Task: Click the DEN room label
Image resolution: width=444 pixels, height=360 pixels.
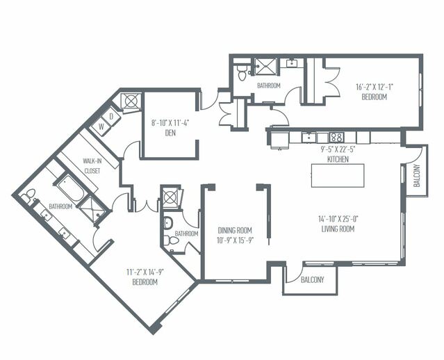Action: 170,134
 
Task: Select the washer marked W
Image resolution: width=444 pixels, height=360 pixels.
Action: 101,126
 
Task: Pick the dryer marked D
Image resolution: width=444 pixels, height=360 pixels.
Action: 112,117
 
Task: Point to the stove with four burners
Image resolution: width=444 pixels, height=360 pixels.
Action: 336,137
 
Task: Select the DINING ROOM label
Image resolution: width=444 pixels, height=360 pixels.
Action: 234,230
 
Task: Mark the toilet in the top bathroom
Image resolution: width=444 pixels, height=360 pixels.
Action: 240,72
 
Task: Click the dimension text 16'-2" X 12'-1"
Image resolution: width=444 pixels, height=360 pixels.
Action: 375,88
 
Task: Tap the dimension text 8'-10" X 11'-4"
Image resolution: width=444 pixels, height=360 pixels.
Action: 170,124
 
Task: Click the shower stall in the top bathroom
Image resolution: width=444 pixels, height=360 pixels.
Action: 265,67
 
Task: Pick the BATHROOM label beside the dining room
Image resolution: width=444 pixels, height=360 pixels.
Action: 186,234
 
